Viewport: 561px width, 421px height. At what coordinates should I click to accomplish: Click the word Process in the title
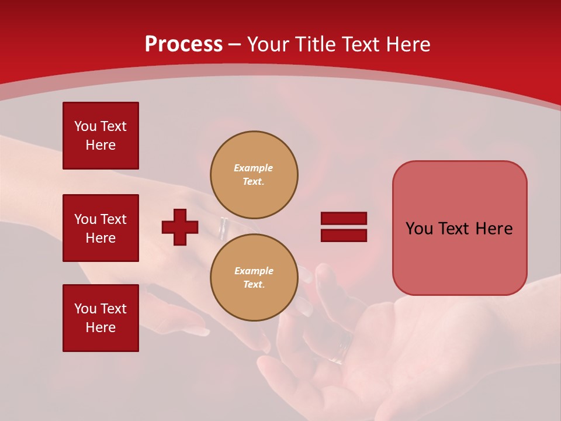pyautogui.click(x=183, y=44)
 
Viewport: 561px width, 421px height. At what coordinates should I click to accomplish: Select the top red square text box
pyautogui.click(x=101, y=136)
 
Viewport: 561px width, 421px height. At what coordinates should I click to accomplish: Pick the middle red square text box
pyautogui.click(x=101, y=228)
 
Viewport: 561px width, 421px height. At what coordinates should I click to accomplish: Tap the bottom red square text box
pyautogui.click(x=101, y=318)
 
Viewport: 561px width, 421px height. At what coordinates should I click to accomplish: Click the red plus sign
pyautogui.click(x=180, y=227)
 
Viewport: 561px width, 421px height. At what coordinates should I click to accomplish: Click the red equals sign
pyautogui.click(x=344, y=227)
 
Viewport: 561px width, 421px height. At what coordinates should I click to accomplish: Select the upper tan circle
pyautogui.click(x=254, y=175)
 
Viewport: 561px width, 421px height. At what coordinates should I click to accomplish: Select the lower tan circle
pyautogui.click(x=254, y=278)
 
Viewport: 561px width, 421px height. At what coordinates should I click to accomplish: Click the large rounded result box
pyautogui.click(x=459, y=228)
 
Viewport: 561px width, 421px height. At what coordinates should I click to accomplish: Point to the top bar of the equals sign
pyautogui.click(x=344, y=218)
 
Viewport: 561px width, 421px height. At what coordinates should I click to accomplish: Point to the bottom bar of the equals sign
pyautogui.click(x=344, y=235)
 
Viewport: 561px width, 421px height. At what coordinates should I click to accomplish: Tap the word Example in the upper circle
pyautogui.click(x=254, y=168)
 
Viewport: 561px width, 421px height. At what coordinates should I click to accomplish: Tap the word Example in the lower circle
pyautogui.click(x=254, y=271)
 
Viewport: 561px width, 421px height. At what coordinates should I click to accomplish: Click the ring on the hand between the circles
pyautogui.click(x=223, y=229)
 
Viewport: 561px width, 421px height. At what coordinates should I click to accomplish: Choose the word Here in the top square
pyautogui.click(x=101, y=145)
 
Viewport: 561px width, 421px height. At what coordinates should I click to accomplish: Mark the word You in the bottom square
pyautogui.click(x=85, y=309)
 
